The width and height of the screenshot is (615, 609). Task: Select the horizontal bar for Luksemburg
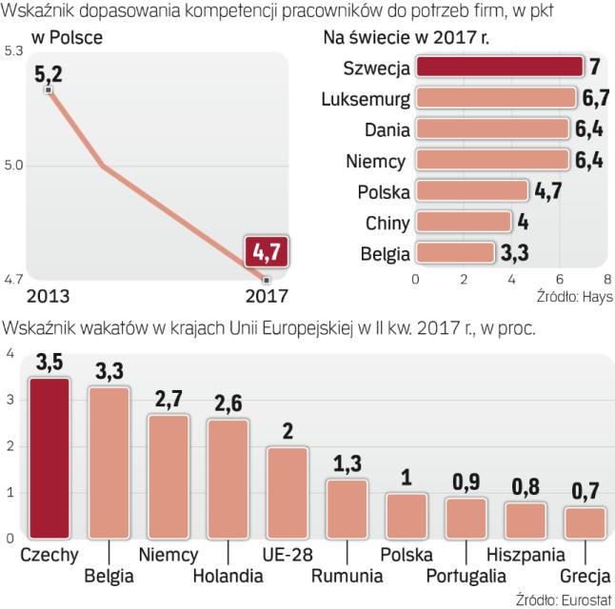[x=495, y=98]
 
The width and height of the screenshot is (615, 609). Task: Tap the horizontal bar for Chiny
[x=463, y=223]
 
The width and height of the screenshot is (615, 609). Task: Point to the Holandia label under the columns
[x=227, y=576]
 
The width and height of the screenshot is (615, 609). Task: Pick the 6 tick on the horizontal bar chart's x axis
[x=561, y=280]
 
